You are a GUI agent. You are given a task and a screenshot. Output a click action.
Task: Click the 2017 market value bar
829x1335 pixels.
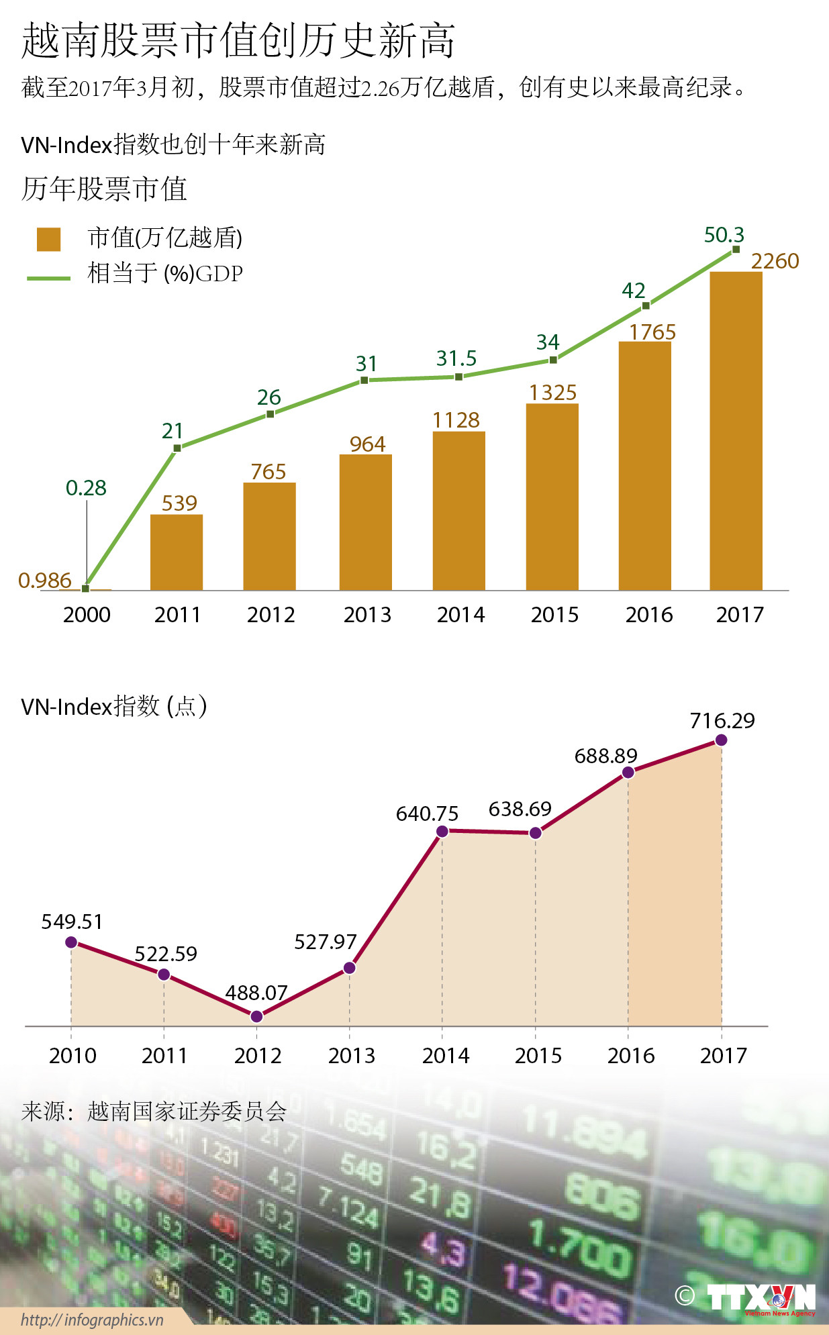point(736,431)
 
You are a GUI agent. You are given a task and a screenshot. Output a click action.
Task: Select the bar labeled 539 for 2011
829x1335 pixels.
point(177,552)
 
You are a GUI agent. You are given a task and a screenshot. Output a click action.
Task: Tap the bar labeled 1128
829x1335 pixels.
point(458,511)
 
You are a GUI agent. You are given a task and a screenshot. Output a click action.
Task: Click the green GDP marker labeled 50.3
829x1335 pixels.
point(736,250)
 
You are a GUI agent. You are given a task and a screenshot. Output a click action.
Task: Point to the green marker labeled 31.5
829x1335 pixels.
point(458,377)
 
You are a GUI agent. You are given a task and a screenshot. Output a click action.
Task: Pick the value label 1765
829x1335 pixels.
point(652,332)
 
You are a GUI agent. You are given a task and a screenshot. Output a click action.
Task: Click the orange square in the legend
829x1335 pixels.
point(48,239)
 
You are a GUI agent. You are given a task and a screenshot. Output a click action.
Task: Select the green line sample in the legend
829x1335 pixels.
point(48,277)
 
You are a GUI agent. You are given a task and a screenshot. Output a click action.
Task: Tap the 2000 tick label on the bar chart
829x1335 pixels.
point(87,615)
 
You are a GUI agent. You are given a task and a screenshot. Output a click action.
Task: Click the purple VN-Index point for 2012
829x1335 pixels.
point(256,1017)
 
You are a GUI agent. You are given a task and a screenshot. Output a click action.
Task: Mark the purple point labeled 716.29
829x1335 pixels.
point(721,740)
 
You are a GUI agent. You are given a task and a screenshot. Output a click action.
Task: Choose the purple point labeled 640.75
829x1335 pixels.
point(442,832)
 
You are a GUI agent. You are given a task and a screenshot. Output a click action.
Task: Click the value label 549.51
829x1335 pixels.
point(72,922)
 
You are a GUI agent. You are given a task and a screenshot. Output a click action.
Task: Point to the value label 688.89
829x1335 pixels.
point(605,756)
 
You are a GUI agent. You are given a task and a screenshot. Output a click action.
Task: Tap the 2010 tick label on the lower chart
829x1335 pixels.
point(72,1056)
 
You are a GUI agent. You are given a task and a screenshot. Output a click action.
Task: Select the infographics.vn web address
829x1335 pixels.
point(92,1320)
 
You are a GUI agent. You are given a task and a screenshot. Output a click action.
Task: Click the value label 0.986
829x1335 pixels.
point(44,581)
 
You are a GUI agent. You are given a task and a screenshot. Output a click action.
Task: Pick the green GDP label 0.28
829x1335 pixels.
point(86,488)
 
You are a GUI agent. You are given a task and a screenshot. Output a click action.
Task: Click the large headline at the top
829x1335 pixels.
point(238,40)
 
